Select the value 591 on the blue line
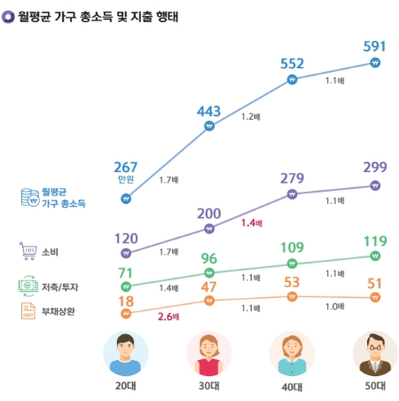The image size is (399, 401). pyautogui.click(x=375, y=45)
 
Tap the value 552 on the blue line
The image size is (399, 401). pyautogui.click(x=293, y=63)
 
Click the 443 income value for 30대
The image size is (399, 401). pyautogui.click(x=209, y=110)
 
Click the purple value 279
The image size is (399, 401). pyautogui.click(x=293, y=178)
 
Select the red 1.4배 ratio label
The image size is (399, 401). pyautogui.click(x=252, y=224)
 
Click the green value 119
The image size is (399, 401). pyautogui.click(x=375, y=240)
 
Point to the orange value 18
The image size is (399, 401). pyautogui.click(x=126, y=302)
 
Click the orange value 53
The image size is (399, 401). pyautogui.click(x=293, y=282)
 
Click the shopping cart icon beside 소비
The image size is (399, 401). pyautogui.click(x=27, y=251)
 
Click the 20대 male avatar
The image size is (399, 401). pyautogui.click(x=126, y=353)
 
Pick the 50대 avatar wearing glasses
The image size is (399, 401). pyautogui.click(x=375, y=353)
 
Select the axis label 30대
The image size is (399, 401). pyautogui.click(x=209, y=387)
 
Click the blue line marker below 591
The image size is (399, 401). pyautogui.click(x=375, y=64)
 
